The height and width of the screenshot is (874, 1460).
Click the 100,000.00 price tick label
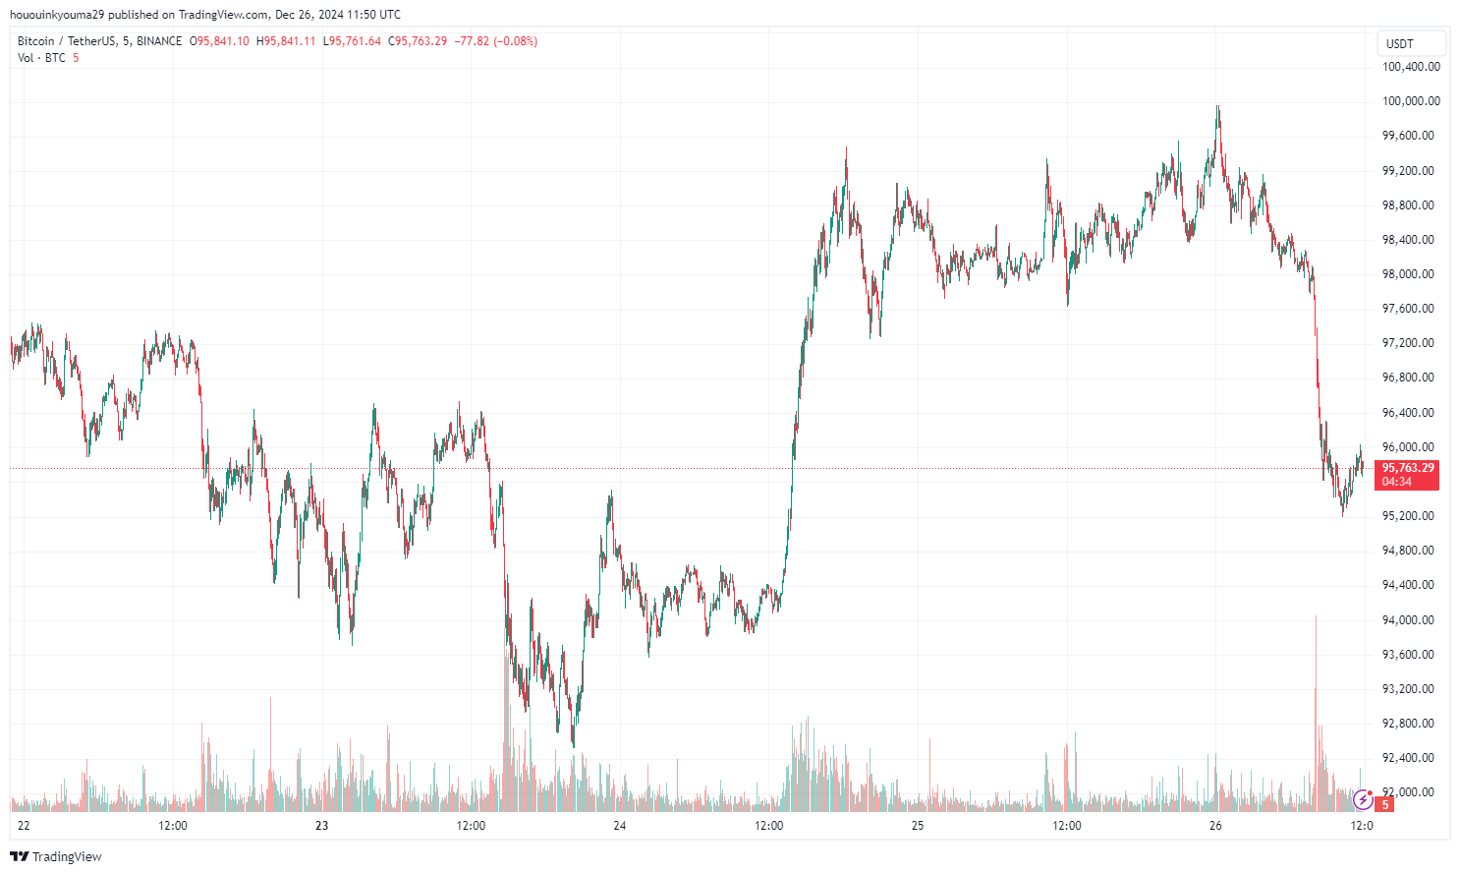[x=1411, y=101]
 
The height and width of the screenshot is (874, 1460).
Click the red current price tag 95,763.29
[x=1408, y=468]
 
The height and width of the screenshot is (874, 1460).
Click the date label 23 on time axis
[x=321, y=826]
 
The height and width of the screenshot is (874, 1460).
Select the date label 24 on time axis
[x=619, y=826]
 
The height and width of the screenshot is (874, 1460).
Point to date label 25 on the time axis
[x=918, y=826]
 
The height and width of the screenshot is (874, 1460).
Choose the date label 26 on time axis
[x=1215, y=826]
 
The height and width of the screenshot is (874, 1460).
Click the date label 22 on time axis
[x=24, y=826]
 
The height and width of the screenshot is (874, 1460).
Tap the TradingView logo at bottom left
[x=56, y=856]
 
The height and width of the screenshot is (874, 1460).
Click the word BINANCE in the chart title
[x=159, y=41]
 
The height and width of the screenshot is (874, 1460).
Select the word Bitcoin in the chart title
[x=36, y=41]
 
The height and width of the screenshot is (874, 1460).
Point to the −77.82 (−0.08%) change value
[x=496, y=41]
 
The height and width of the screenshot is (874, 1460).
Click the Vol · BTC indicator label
[x=41, y=58]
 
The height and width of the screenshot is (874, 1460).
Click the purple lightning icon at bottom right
[x=1363, y=799]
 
